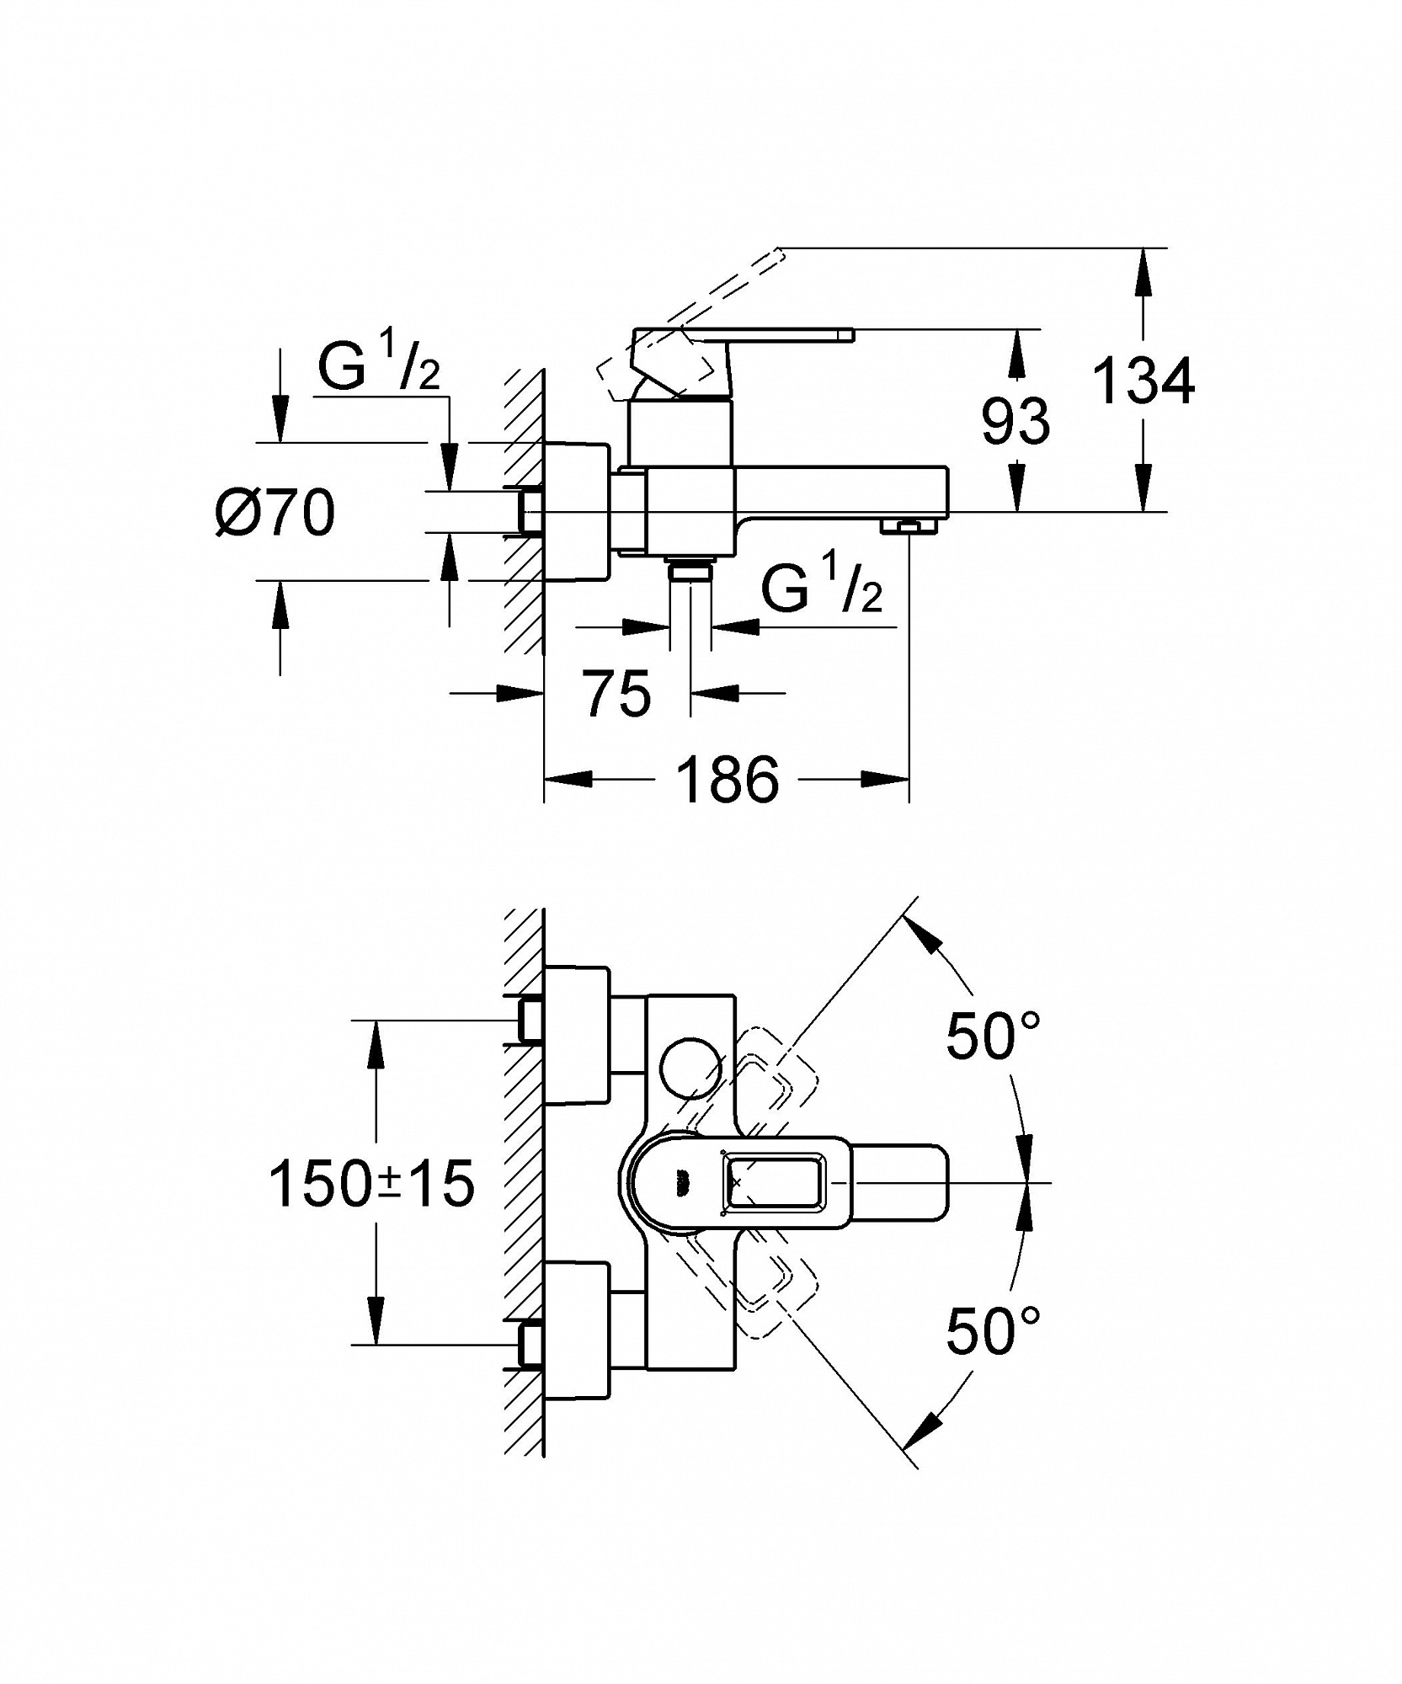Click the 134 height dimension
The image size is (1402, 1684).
click(x=1143, y=381)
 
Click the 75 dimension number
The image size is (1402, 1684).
click(x=618, y=694)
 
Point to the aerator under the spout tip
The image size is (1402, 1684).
click(x=909, y=526)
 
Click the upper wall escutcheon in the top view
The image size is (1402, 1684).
click(x=578, y=1034)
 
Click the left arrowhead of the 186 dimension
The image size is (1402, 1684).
click(x=568, y=779)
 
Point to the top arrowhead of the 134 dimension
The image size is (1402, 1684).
click(x=1143, y=271)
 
